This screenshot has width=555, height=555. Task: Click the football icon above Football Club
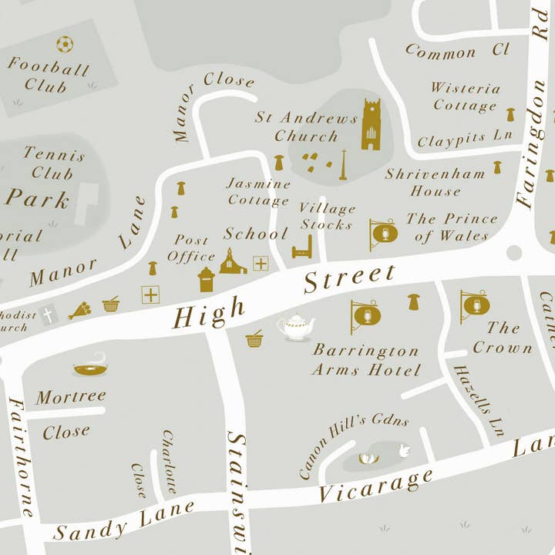(65, 45)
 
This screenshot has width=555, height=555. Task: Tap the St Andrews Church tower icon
(372, 125)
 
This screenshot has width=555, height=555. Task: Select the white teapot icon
(296, 327)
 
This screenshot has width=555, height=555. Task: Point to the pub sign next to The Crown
(474, 306)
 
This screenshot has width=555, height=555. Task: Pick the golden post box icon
(206, 279)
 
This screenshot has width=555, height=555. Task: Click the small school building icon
(232, 262)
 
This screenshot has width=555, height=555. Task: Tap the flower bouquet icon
(79, 310)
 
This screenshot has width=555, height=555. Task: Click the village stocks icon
(302, 247)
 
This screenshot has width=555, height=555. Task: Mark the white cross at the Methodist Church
(48, 314)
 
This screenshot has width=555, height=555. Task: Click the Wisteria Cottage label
(465, 97)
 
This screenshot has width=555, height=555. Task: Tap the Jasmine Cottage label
(258, 193)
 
